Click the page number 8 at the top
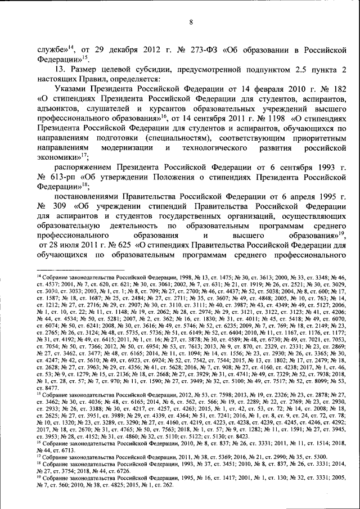pos(191,23)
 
